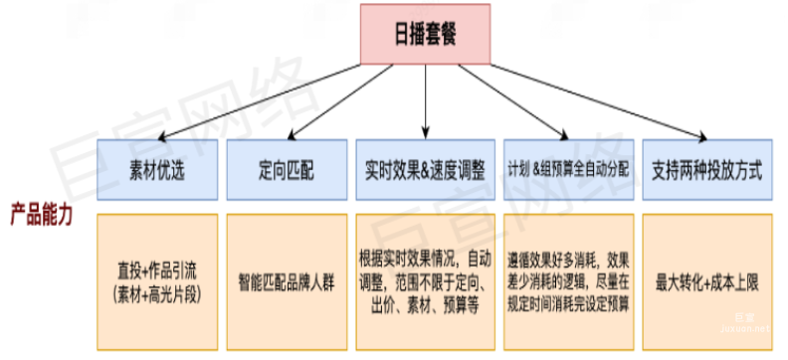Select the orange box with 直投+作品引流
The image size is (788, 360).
coord(157,282)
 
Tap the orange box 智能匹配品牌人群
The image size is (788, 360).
coord(286,282)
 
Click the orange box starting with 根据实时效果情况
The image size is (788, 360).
coord(426,282)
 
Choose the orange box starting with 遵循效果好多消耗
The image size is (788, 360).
coord(568,282)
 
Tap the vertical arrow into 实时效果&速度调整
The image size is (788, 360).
coord(426,104)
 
